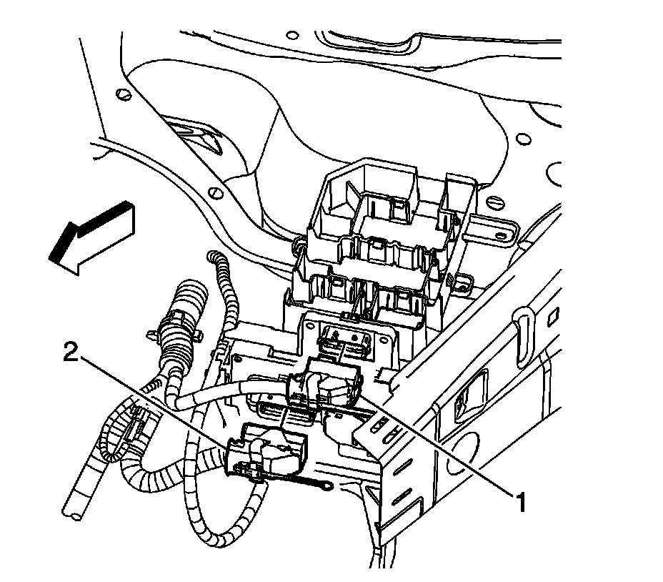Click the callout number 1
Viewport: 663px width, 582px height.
pos(521,502)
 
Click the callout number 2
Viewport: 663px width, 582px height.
pos(71,352)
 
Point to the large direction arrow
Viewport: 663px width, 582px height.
pos(91,239)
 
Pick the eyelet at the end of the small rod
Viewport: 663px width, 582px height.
pos(325,490)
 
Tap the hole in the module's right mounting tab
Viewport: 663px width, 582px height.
pos(502,235)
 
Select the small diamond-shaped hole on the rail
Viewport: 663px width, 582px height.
pos(553,315)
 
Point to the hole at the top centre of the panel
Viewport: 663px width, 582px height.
pos(292,35)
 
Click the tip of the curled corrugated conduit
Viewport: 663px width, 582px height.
pos(211,256)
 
